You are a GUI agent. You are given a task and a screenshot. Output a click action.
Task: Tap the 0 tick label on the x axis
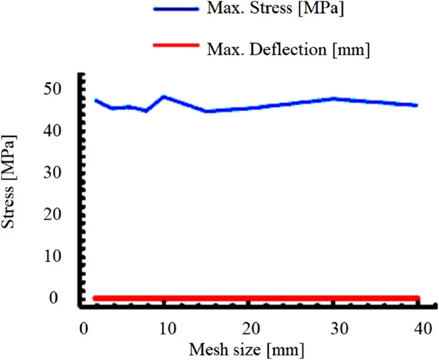click(84, 328)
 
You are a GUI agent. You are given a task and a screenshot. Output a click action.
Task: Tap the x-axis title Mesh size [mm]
click(247, 350)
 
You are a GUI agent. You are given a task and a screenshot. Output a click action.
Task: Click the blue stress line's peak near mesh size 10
click(164, 97)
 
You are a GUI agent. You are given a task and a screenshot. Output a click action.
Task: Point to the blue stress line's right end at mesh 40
click(417, 106)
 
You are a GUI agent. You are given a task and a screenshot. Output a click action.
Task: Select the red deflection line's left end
click(95, 299)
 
